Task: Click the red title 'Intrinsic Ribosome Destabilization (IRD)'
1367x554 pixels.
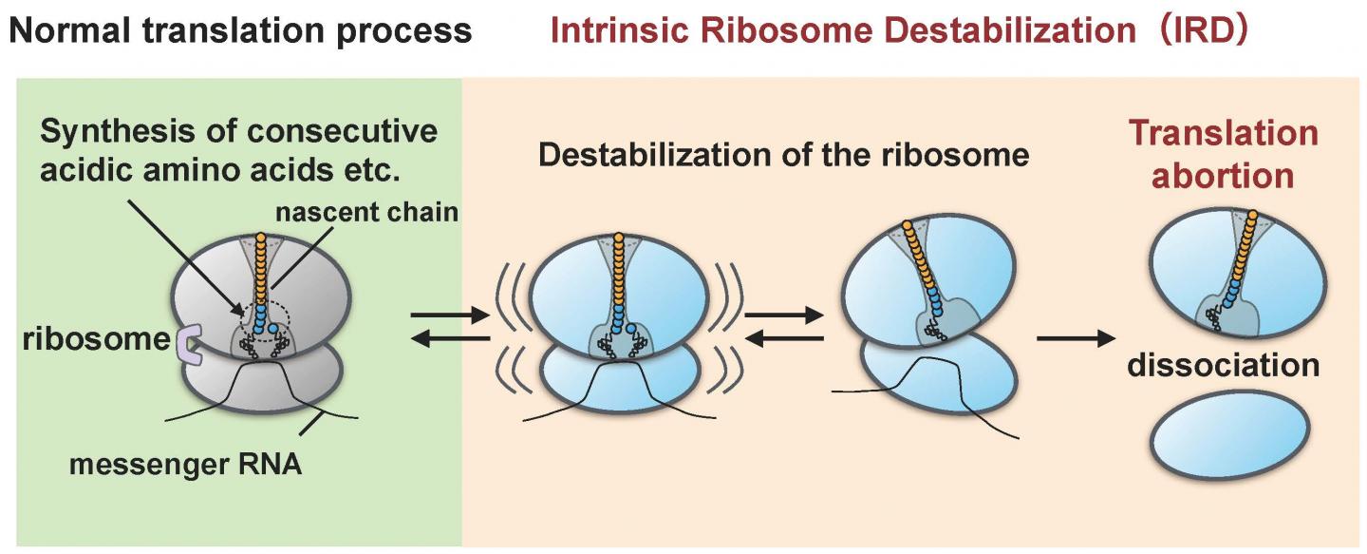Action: tap(897, 31)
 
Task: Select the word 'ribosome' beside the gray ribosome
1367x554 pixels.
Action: tap(96, 337)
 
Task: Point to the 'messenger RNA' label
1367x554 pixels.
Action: tap(185, 467)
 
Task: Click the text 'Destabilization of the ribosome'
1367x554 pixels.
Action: tap(784, 154)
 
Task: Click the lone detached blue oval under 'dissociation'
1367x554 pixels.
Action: tap(1230, 433)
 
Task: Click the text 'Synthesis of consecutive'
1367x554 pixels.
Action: tap(240, 130)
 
